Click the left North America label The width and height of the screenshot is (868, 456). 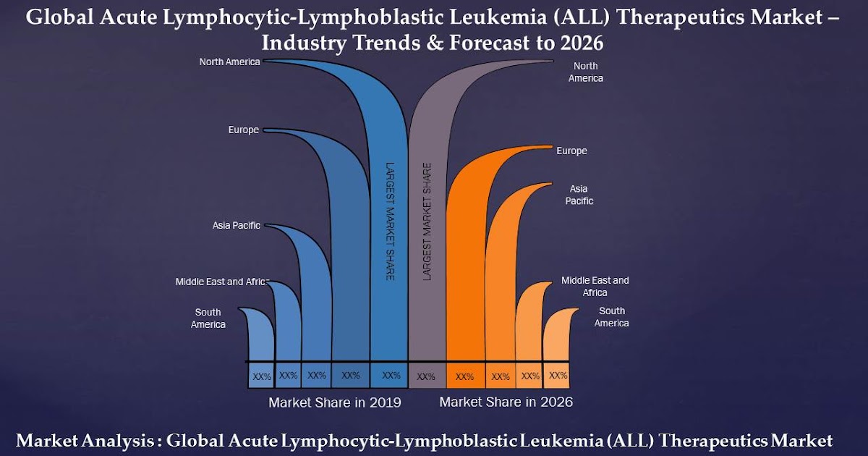(x=229, y=62)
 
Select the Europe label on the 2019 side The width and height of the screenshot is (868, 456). (x=243, y=130)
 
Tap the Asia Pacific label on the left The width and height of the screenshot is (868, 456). (x=236, y=226)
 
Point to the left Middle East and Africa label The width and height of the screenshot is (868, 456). (x=221, y=282)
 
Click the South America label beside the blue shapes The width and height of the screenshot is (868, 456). (x=208, y=318)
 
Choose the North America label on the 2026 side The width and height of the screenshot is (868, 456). (x=585, y=72)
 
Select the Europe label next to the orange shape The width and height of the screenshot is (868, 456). (x=571, y=151)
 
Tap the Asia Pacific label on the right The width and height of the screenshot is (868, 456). (x=579, y=195)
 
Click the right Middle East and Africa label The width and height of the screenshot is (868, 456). (x=595, y=287)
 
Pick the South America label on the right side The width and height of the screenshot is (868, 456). (x=611, y=317)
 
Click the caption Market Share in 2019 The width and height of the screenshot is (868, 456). (x=334, y=402)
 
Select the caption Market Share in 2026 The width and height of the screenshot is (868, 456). (x=506, y=402)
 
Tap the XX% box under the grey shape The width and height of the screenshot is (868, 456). (x=426, y=376)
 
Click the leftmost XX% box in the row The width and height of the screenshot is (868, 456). (x=261, y=376)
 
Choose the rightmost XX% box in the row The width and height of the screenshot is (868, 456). (x=558, y=376)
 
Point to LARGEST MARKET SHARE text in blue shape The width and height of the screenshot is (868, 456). (x=389, y=221)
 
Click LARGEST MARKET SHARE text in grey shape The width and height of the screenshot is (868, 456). (x=427, y=221)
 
